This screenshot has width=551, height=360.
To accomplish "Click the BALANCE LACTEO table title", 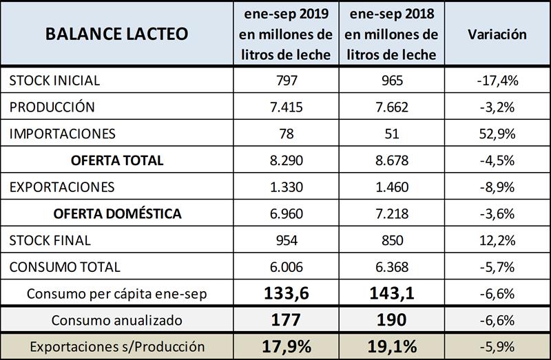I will (x=116, y=34).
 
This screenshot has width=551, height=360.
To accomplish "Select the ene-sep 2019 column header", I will (x=285, y=34).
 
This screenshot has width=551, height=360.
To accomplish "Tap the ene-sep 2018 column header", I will (x=391, y=34).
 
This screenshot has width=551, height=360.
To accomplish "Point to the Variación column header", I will (x=497, y=34).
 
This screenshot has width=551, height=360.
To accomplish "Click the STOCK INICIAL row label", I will (x=54, y=81).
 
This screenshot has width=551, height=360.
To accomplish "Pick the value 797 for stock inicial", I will (x=285, y=81).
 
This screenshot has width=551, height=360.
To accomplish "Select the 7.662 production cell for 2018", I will (x=391, y=107).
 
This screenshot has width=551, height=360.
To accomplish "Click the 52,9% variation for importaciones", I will (x=497, y=134).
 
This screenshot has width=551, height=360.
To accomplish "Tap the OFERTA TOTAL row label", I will (x=117, y=161).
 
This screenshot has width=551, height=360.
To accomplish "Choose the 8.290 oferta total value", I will (x=285, y=161).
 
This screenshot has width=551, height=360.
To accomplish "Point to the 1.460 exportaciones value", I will (x=391, y=187).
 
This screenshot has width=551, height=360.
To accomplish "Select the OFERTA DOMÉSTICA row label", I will (x=117, y=214).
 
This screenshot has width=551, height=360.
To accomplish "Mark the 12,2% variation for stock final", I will (x=497, y=241).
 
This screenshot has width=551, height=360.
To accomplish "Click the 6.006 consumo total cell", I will (x=285, y=267).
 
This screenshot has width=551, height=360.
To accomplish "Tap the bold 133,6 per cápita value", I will (x=285, y=294).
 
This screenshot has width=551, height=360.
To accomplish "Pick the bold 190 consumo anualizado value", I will (x=391, y=320).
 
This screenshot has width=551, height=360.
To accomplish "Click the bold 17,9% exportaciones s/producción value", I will (x=285, y=346).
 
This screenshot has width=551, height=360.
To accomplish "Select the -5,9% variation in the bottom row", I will (x=497, y=346).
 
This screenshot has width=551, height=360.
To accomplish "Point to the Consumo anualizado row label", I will (x=117, y=320).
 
